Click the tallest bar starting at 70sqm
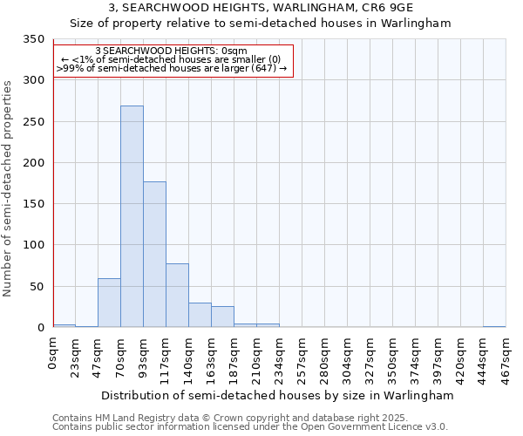132,216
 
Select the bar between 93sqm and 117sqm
154,255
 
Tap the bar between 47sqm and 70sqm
109,303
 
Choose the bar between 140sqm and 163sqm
200,315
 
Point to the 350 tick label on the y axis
33,39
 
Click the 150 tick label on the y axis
33,204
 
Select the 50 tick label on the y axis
37,287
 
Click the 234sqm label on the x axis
280,357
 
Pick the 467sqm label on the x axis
506,357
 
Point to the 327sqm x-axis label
370,357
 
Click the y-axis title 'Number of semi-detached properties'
8,187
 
